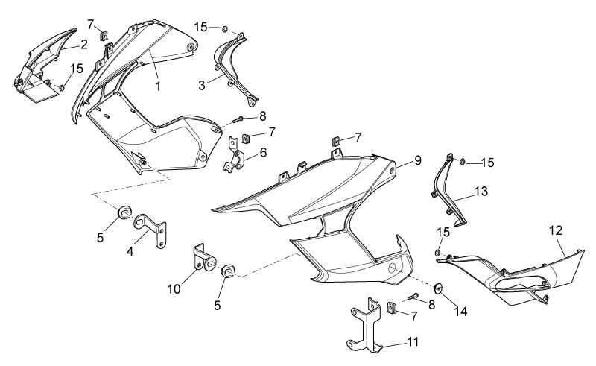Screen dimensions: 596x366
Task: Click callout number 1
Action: pyautogui.click(x=158, y=86)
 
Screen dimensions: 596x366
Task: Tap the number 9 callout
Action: pyautogui.click(x=418, y=160)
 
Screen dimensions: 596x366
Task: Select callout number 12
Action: pyautogui.click(x=555, y=230)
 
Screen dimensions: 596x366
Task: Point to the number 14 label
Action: pyautogui.click(x=460, y=312)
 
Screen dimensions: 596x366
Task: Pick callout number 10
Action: pyautogui.click(x=174, y=289)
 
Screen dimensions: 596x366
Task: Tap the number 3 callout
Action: pyautogui.click(x=202, y=85)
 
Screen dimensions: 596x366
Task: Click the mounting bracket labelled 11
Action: pyautogui.click(x=366, y=324)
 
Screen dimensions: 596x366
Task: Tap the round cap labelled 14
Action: pyautogui.click(x=438, y=288)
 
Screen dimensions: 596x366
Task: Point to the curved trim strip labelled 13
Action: pyautogui.click(x=448, y=192)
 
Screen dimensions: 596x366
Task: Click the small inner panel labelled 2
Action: pyautogui.click(x=40, y=65)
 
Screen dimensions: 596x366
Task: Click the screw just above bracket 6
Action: pyautogui.click(x=235, y=120)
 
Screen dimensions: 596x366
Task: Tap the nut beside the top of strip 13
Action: pyautogui.click(x=462, y=162)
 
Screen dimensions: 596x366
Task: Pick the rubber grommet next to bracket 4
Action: pyautogui.click(x=124, y=212)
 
